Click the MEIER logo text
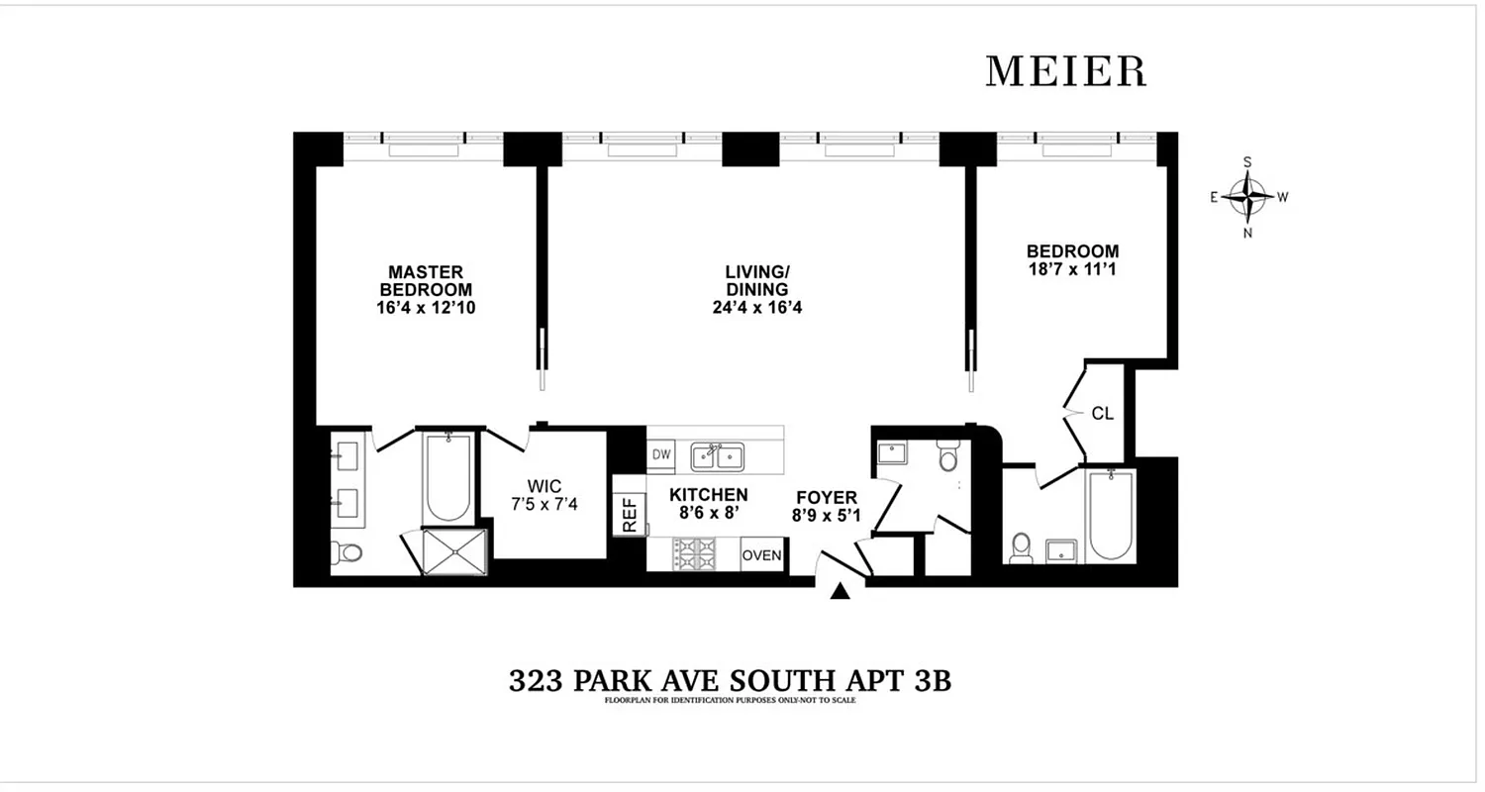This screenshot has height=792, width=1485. tap(1065, 71)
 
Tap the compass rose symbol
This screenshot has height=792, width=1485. tap(1247, 197)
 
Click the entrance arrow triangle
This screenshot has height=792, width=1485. tap(841, 591)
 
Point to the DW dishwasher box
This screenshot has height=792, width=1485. tap(661, 454)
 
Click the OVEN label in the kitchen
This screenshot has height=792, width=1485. tap(762, 555)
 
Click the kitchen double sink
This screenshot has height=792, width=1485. tap(718, 456)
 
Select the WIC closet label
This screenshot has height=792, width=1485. tap(544, 486)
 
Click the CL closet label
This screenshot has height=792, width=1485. tap(1103, 414)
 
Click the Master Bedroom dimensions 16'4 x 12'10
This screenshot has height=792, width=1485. tap(426, 307)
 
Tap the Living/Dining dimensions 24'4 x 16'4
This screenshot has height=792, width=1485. tap(756, 307)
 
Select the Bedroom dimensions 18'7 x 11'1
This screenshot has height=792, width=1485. tap(1072, 268)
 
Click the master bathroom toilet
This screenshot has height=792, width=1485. tap(348, 551)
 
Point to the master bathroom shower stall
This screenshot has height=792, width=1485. tap(455, 551)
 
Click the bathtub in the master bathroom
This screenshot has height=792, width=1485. tap(447, 478)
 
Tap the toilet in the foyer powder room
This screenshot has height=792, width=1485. tap(948, 457)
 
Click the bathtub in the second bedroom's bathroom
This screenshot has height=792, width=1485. tap(1111, 515)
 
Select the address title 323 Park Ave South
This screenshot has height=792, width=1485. tap(729, 681)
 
